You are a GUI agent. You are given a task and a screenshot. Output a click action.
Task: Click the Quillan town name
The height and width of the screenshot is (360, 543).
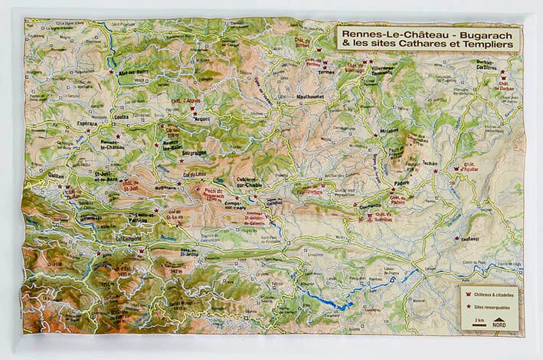[x=57, y=175]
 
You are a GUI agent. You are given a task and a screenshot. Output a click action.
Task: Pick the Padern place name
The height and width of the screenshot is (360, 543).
[x=402, y=184]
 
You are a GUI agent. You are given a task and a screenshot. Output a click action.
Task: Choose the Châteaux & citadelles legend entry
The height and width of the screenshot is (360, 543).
[x=490, y=295]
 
